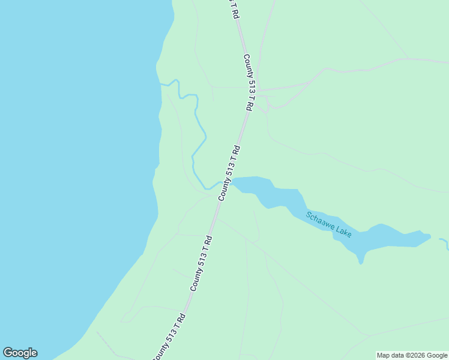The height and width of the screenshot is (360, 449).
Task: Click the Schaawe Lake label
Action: tap(328, 225)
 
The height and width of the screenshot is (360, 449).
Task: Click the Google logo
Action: tap(20, 353)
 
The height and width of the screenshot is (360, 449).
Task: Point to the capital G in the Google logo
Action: tap(7, 353)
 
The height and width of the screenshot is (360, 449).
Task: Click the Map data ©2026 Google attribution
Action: tap(412, 355)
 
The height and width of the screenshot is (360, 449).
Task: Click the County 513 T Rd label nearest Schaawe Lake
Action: tap(229, 173)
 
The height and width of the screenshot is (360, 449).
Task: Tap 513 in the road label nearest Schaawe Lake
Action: tap(231, 170)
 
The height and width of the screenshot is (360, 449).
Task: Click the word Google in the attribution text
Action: tap(436, 355)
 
